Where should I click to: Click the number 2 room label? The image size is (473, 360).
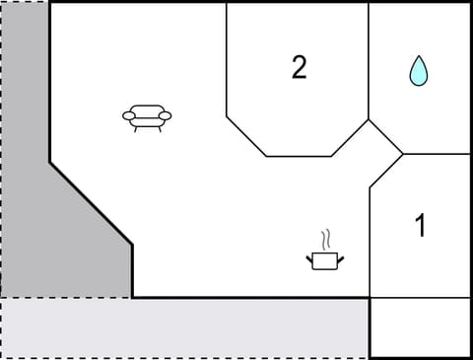(x=299, y=67)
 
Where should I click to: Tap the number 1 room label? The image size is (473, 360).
(x=421, y=226)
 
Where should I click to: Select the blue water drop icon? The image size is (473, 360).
(x=419, y=70)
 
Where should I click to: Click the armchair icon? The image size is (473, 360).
(x=147, y=117)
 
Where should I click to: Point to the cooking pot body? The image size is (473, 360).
(x=323, y=261)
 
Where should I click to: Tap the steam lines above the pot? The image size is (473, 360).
(x=325, y=240)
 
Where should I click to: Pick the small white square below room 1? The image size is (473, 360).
(x=420, y=327)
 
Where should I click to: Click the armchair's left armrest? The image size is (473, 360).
(x=128, y=116)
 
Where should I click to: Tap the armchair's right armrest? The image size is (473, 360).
(x=166, y=115)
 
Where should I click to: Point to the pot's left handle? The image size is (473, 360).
(x=308, y=258)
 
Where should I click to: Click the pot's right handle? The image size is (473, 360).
(x=340, y=258)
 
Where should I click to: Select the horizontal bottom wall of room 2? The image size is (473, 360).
(x=298, y=156)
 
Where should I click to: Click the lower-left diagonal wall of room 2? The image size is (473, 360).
(x=245, y=136)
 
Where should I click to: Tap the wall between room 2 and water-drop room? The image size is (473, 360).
(x=369, y=59)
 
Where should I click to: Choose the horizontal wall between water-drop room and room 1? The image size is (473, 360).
(x=437, y=154)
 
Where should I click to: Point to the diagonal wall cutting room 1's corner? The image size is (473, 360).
(x=385, y=171)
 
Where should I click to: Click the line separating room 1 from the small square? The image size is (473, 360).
(x=420, y=298)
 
